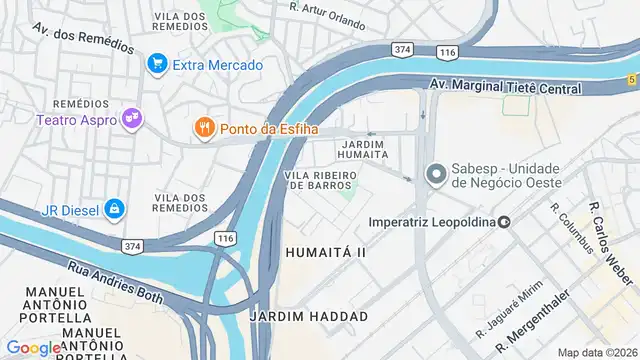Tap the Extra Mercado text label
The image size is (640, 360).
pos(217,66)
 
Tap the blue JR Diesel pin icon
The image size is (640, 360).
pos(115,208)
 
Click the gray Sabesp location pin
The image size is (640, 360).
pos(435,174)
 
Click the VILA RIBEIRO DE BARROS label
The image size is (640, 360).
pos(321,181)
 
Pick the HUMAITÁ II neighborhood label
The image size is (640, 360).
pos(326,253)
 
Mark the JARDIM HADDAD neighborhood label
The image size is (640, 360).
pos(308,316)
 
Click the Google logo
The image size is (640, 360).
pos(34,347)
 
